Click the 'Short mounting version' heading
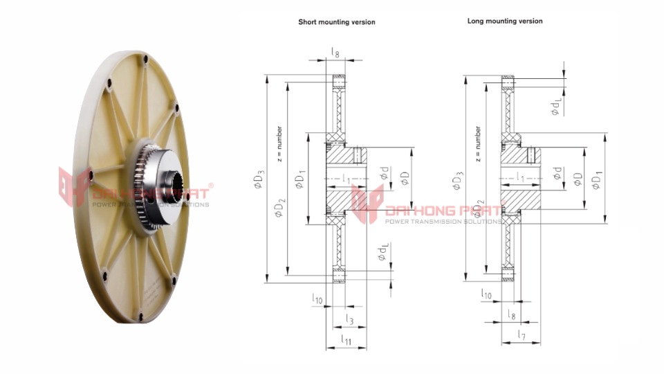click(337, 22)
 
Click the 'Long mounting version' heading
click(505, 21)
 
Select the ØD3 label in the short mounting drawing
click(258, 182)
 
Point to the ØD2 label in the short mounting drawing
click(279, 206)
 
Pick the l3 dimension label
click(349, 319)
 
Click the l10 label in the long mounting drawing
click(487, 294)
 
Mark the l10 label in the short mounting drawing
click(317, 299)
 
